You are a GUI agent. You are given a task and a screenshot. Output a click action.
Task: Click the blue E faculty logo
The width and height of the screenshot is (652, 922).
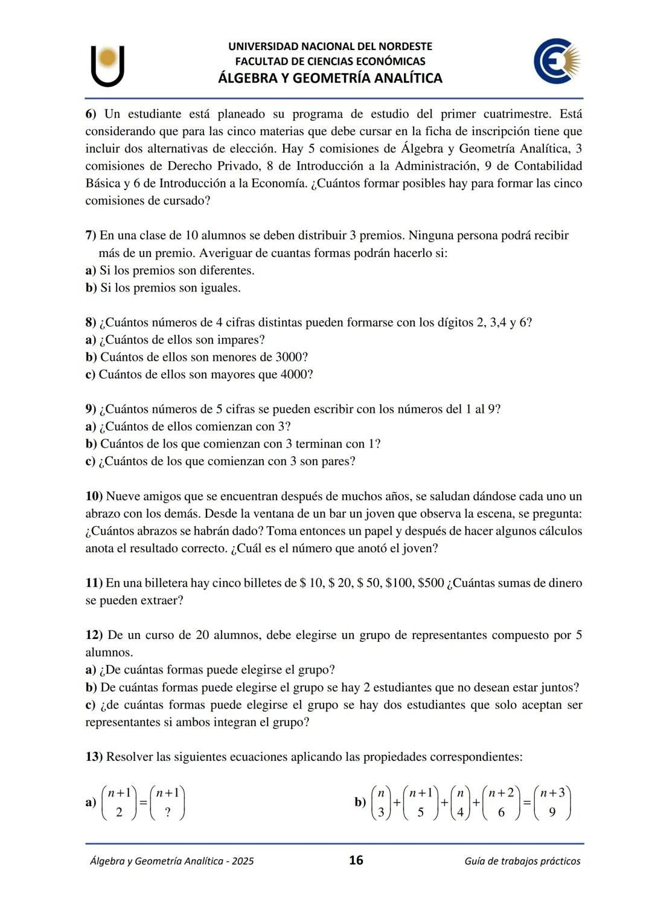point(556,61)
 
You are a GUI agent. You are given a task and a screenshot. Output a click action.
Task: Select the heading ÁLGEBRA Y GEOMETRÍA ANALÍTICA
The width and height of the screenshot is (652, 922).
point(330,78)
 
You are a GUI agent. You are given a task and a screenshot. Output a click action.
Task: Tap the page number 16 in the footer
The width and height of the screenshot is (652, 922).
point(356,860)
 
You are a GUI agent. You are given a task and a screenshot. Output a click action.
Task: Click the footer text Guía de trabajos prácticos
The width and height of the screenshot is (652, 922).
point(522,861)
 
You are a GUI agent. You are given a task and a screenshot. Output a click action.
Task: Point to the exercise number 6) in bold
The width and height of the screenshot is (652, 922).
point(91,114)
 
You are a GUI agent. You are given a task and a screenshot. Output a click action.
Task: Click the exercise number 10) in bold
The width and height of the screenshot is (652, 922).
point(94,497)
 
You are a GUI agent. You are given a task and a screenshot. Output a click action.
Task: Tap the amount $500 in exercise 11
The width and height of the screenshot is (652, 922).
point(430,583)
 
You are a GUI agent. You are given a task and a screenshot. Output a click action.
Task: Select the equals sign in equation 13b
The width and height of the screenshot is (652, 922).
point(527,803)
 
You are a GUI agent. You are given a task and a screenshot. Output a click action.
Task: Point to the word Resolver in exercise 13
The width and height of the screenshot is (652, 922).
point(129,757)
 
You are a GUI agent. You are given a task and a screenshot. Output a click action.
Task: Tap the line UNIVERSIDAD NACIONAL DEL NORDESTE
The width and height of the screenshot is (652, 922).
point(330,46)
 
